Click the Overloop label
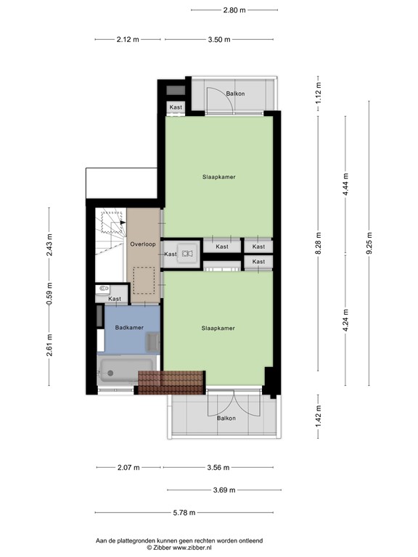(142, 244)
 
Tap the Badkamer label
(129, 328)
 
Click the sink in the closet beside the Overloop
(187, 253)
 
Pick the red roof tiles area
(171, 382)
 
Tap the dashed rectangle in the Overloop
(143, 281)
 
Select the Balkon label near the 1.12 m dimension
(234, 94)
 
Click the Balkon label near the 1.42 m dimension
(225, 418)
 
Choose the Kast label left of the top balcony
(176, 107)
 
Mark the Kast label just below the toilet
(115, 299)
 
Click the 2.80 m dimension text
(234, 10)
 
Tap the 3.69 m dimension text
(224, 490)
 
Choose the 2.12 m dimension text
(127, 40)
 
